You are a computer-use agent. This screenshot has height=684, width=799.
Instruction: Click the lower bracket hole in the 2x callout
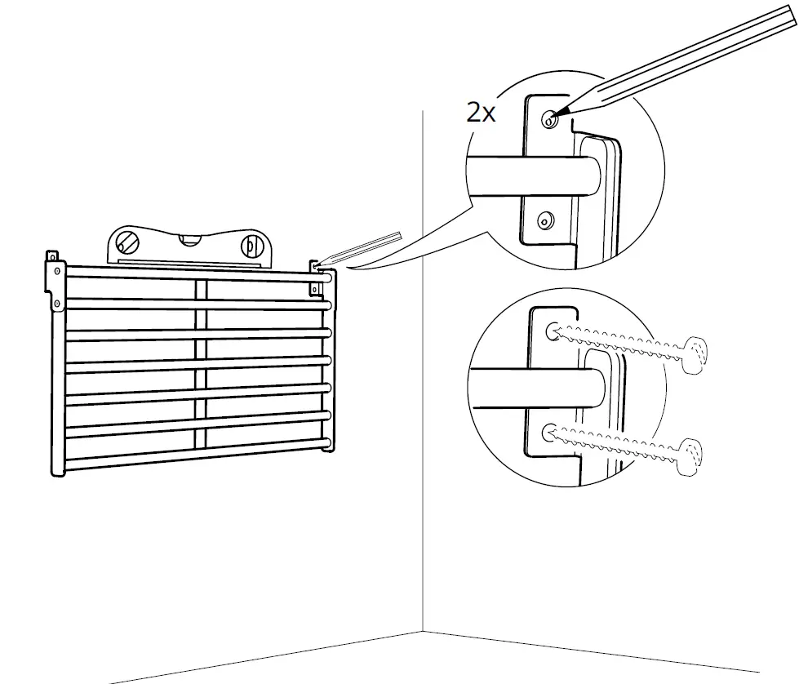(545, 219)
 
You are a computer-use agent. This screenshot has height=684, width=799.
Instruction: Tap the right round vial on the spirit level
(251, 245)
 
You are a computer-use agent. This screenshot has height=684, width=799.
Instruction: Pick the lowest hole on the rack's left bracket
(57, 304)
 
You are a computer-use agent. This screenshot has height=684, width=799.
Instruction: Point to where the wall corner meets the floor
(423, 630)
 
